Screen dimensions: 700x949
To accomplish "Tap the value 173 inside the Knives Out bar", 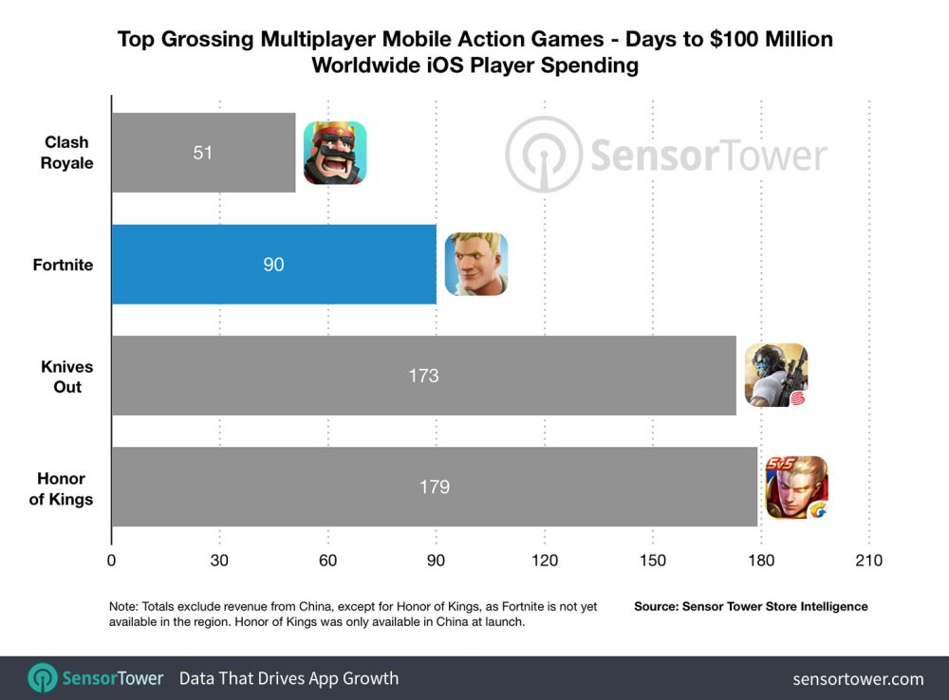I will (423, 376).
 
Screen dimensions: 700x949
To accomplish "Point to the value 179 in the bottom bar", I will (434, 488).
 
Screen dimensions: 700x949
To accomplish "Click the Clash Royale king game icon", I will (334, 153).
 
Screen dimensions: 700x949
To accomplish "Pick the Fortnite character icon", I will (476, 265).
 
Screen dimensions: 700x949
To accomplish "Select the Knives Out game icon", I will (775, 376).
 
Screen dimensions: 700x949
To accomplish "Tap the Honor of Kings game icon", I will (796, 488).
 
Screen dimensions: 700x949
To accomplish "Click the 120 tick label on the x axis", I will (544, 561).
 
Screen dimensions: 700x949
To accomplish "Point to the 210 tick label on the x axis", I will (868, 561).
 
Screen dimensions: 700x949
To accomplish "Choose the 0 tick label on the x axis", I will (112, 561).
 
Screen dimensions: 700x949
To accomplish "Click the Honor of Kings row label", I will (62, 488).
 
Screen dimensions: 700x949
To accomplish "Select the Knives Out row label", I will (62, 377).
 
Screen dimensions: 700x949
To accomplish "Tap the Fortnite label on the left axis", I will (63, 265).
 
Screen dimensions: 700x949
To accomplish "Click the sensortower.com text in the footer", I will (858, 678).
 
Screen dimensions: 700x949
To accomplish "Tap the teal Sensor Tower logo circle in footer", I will (43, 678).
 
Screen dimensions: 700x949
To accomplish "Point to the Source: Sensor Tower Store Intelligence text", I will (751, 606).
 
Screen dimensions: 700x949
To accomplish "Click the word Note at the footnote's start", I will (122, 606).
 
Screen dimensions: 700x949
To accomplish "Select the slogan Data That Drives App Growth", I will (288, 678).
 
